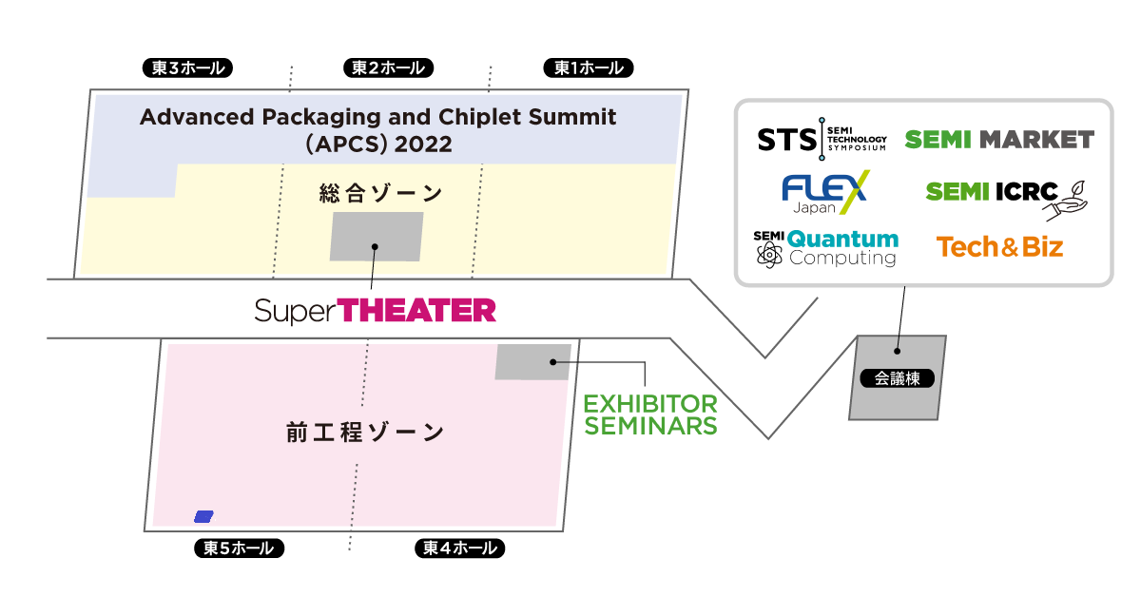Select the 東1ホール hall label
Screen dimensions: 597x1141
pyautogui.click(x=588, y=67)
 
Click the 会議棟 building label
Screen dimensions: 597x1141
pyautogui.click(x=897, y=378)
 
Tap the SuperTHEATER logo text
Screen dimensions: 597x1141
pyautogui.click(x=375, y=310)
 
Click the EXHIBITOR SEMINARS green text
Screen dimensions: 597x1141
pyautogui.click(x=650, y=414)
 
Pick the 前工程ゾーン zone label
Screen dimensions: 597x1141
pyautogui.click(x=365, y=433)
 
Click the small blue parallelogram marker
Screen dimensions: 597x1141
pyautogui.click(x=203, y=516)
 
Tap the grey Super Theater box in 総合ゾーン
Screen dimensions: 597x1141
pyautogui.click(x=376, y=237)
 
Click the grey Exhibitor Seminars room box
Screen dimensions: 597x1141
pyautogui.click(x=532, y=361)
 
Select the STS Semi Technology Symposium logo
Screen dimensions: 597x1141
pyautogui.click(x=822, y=140)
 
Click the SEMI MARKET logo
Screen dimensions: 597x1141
pyautogui.click(x=998, y=140)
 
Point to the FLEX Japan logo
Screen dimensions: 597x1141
pyautogui.click(x=824, y=193)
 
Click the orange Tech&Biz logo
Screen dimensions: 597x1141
pyautogui.click(x=999, y=247)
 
